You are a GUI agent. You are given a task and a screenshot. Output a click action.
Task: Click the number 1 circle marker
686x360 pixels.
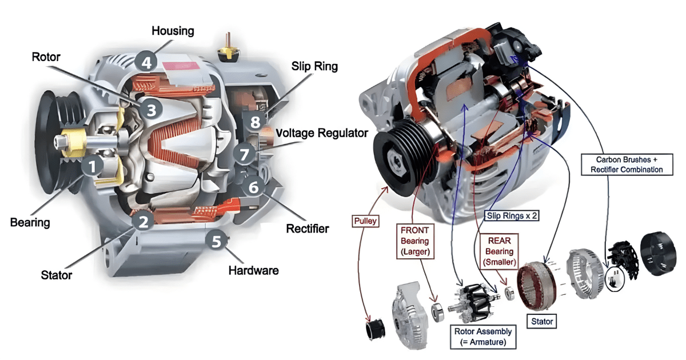pos(92,166)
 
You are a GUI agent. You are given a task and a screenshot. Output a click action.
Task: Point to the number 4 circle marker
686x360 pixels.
pos(147,61)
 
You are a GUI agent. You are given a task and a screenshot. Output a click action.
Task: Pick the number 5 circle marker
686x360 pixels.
pos(216,241)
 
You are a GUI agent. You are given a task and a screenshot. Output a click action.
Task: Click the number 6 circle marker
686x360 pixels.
pos(253,186)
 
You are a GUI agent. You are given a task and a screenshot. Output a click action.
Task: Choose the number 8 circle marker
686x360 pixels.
pos(255,121)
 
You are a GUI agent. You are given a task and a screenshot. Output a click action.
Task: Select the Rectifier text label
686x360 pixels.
pos(307,229)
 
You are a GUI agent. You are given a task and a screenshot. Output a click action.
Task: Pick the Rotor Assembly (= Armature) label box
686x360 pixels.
pos(482,337)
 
